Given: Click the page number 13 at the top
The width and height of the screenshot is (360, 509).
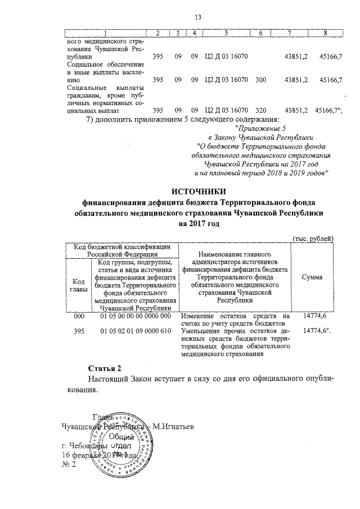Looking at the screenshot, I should [x=198, y=19].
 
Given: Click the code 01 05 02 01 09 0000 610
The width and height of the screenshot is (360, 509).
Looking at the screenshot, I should [x=135, y=332].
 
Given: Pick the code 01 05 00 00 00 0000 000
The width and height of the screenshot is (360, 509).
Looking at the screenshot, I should [x=135, y=317].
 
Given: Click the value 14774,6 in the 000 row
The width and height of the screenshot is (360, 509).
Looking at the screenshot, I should [x=315, y=317].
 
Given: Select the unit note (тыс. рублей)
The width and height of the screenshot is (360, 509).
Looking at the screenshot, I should [x=313, y=238].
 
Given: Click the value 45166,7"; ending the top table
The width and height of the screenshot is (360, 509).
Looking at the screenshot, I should [x=330, y=110].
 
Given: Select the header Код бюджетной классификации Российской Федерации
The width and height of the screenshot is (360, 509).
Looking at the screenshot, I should [x=121, y=250].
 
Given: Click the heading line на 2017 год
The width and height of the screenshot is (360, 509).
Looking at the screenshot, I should [x=198, y=224].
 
